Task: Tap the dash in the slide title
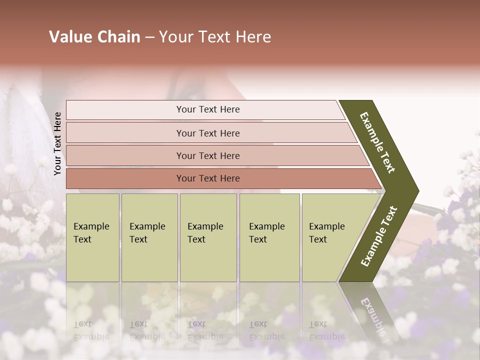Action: pyautogui.click(x=149, y=37)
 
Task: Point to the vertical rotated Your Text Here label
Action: pyautogui.click(x=57, y=143)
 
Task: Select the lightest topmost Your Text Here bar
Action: pyautogui.click(x=207, y=109)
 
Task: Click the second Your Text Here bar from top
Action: pyautogui.click(x=207, y=133)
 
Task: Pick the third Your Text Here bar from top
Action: pyautogui.click(x=207, y=155)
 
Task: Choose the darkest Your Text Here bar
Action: pyautogui.click(x=207, y=178)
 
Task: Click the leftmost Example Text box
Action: pyautogui.click(x=92, y=237)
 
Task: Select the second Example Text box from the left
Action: pyautogui.click(x=149, y=237)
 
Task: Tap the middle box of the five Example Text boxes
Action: pyautogui.click(x=208, y=237)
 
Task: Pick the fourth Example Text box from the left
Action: pyautogui.click(x=269, y=237)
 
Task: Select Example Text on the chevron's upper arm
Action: pyautogui.click(x=377, y=142)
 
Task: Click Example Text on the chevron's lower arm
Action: pyautogui.click(x=379, y=236)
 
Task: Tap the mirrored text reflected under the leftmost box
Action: pyautogui.click(x=91, y=330)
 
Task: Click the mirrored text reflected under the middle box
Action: pyautogui.click(x=205, y=330)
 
